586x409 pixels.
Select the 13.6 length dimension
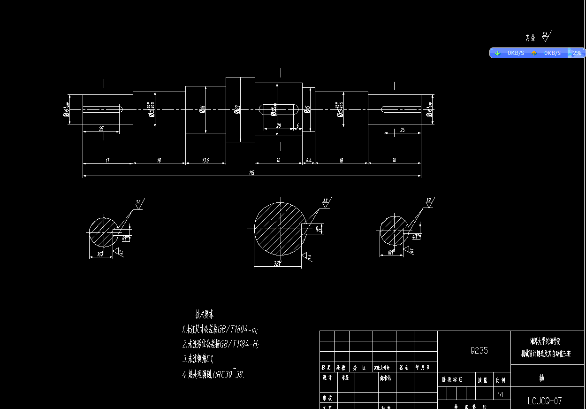205,161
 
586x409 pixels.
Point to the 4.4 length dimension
308,161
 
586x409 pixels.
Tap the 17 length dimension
107,161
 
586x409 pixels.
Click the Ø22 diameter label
237,110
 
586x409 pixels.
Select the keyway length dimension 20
278,125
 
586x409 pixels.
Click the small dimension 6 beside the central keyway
297,125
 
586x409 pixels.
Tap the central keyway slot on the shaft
278,110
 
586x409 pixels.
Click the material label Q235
479,350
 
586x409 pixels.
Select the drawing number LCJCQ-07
544,401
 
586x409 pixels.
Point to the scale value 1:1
500,395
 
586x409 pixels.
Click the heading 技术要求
205,314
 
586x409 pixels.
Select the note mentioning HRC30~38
213,375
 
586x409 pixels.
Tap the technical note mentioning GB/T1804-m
220,329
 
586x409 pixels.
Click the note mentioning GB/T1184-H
221,344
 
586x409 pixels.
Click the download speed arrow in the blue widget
497,53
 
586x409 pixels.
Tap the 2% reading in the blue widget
577,53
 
